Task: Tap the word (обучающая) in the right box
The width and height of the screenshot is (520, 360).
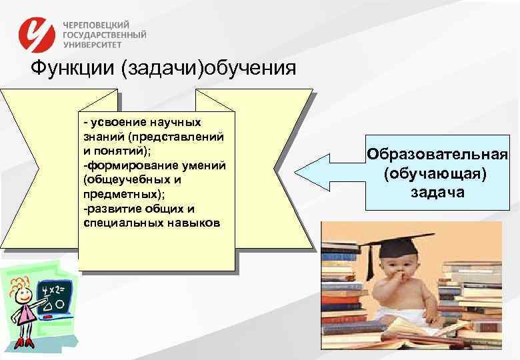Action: [437, 174]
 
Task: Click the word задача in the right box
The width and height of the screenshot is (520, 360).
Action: [437, 192]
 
